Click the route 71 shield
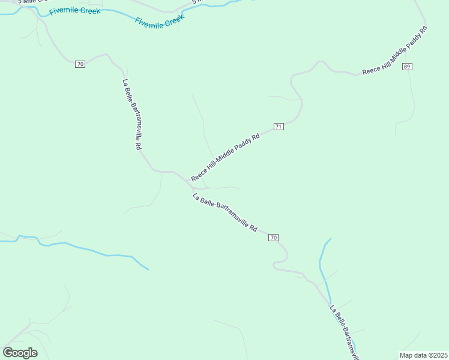[279, 127]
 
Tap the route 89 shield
[408, 67]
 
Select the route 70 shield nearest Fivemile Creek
[80, 64]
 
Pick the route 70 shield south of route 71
[273, 238]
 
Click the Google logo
[20, 352]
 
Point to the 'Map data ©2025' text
[423, 355]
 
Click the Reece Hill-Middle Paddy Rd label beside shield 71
[225, 157]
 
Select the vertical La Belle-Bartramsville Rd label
[131, 115]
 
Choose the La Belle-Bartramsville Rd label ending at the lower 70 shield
[225, 213]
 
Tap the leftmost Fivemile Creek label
[75, 11]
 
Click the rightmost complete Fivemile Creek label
[159, 22]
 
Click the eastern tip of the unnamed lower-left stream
[148, 269]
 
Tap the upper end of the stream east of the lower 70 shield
[330, 239]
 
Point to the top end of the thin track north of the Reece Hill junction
[192, 95]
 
